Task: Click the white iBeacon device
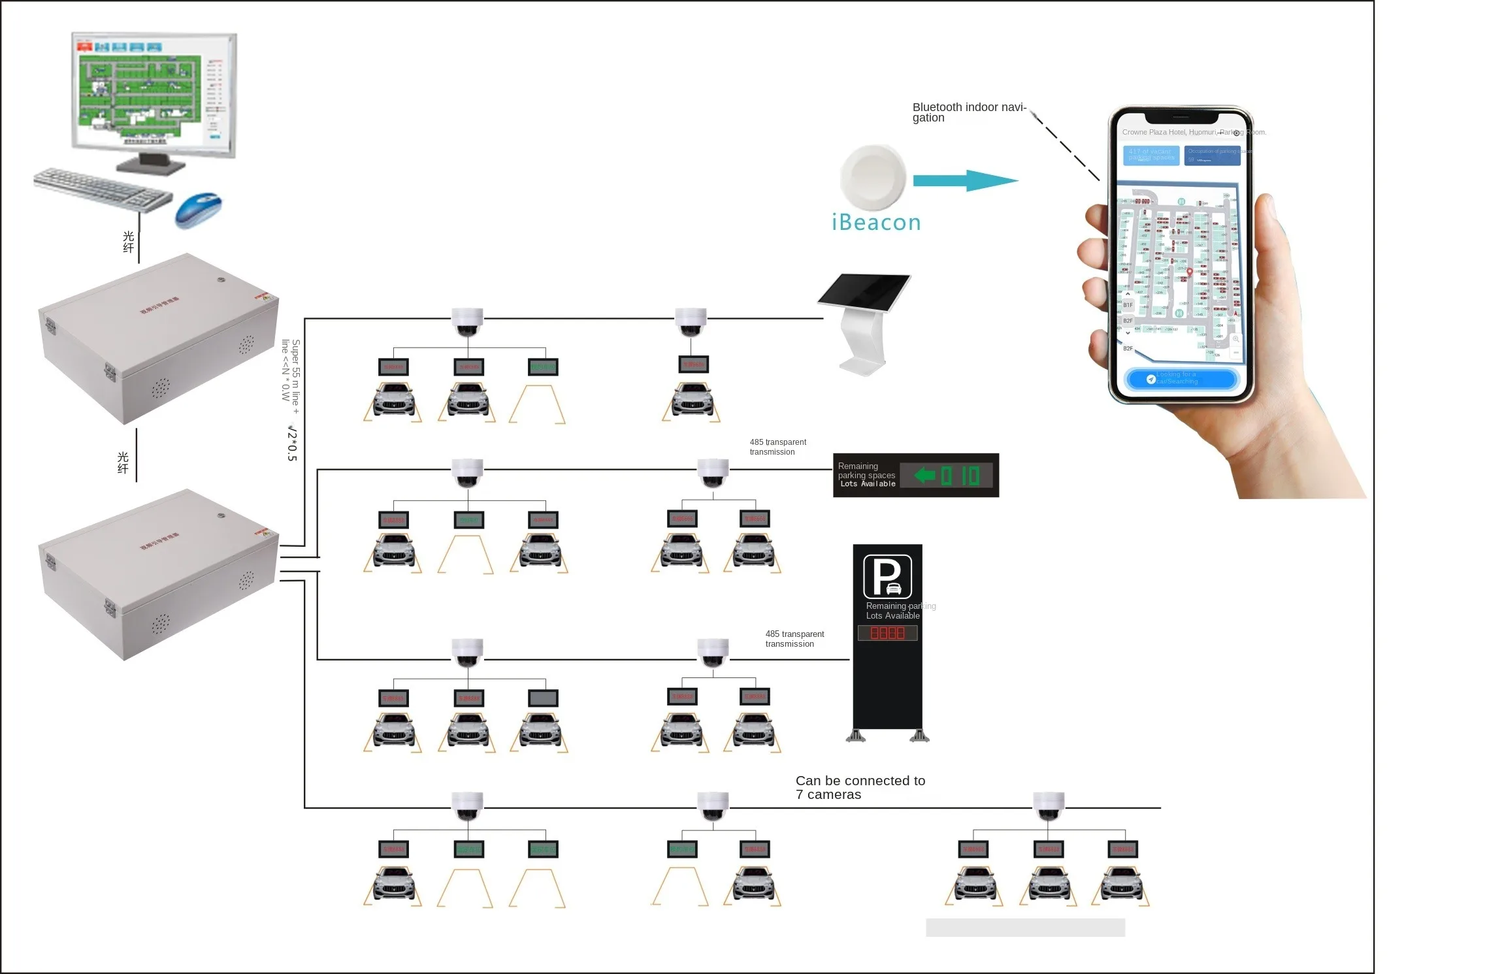[873, 177]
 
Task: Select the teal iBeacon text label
[876, 223]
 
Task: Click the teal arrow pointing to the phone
[965, 181]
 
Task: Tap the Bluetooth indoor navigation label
[969, 112]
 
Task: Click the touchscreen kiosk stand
[864, 323]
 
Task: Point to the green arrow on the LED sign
[925, 475]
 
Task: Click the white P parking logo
[887, 576]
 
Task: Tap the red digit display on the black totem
[887, 632]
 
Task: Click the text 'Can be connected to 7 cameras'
[860, 787]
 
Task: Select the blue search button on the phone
[1181, 379]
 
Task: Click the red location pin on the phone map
[1190, 272]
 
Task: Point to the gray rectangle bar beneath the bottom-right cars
[1025, 927]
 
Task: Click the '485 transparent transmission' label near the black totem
[794, 639]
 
